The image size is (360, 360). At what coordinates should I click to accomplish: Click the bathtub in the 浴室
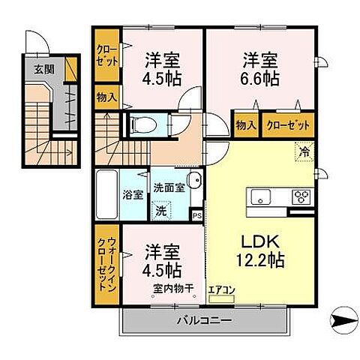pos(106,194)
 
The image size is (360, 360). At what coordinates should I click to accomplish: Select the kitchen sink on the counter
pos(262,197)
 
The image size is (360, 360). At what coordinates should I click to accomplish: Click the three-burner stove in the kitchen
pos(301,197)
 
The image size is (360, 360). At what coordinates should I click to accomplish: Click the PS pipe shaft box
pos(196,215)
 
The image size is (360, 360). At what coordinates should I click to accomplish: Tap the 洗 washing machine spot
pos(160,211)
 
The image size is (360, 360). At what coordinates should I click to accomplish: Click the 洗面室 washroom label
pos(169,187)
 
